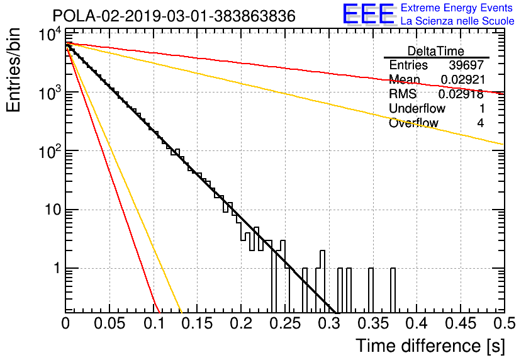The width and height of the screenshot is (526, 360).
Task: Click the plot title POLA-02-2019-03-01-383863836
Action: click(x=174, y=16)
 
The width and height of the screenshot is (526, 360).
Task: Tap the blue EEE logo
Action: click(x=368, y=14)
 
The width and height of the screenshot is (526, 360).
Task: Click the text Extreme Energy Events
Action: click(x=457, y=8)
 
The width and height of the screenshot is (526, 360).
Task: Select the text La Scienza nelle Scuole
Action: click(x=457, y=21)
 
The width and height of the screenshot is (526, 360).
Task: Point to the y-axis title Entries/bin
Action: click(x=13, y=70)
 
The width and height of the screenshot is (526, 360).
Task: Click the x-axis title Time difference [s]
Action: click(x=430, y=346)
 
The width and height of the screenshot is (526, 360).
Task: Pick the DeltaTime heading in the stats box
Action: click(x=436, y=51)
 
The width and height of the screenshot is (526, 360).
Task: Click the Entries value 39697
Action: click(x=466, y=65)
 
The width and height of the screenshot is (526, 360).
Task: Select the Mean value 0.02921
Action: click(x=462, y=79)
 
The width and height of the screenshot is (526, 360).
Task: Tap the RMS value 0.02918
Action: click(x=461, y=94)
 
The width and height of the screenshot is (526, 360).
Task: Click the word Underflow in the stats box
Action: click(x=417, y=108)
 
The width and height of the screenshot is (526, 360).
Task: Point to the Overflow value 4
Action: click(x=480, y=123)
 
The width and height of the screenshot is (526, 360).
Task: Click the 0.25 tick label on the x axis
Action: click(x=285, y=323)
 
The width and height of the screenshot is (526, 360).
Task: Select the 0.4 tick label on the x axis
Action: click(x=417, y=323)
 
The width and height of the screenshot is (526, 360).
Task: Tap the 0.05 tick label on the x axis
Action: click(x=109, y=323)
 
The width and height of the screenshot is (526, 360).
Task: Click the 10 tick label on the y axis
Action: click(x=53, y=210)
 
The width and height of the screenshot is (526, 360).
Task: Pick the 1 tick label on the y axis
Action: click(x=57, y=268)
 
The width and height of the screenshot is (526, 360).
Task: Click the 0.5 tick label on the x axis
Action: click(x=504, y=323)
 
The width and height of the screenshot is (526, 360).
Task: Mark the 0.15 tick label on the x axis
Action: click(x=198, y=323)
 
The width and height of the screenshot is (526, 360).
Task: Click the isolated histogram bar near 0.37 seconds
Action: click(x=393, y=290)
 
